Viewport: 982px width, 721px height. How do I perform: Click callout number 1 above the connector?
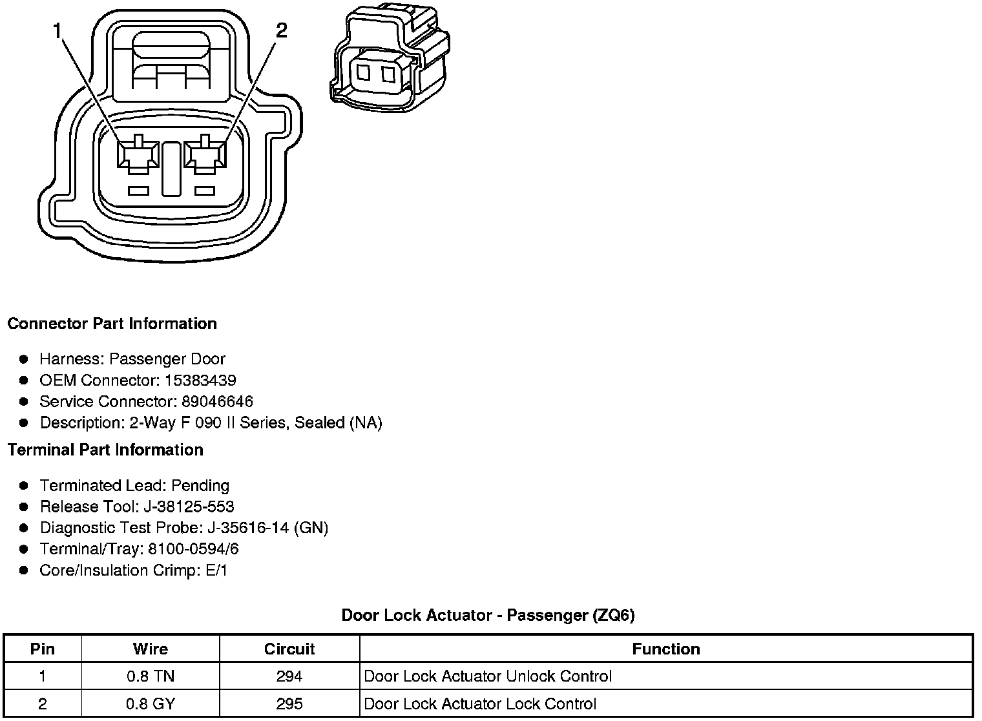click(x=59, y=30)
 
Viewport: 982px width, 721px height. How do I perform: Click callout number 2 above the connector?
click(x=282, y=30)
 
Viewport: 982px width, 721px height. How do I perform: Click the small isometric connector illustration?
click(x=390, y=57)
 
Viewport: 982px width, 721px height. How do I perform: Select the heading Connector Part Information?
click(x=112, y=324)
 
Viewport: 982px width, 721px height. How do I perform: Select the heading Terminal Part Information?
click(x=105, y=450)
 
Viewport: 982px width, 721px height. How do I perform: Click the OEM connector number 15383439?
click(x=200, y=381)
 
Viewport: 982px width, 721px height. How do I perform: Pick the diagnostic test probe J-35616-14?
click(x=249, y=528)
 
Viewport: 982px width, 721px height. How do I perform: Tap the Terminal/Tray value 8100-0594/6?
click(x=193, y=550)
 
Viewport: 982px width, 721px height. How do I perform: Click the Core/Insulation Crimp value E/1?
click(x=214, y=571)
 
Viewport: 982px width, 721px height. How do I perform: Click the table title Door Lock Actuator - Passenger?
click(x=488, y=616)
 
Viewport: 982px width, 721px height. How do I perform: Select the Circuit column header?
click(x=289, y=649)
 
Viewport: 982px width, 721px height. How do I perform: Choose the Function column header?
click(x=665, y=649)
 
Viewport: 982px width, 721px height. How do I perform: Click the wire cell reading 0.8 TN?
click(x=151, y=677)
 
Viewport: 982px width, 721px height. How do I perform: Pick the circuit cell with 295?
click(x=289, y=704)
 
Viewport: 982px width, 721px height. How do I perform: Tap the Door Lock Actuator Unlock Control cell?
click(x=488, y=677)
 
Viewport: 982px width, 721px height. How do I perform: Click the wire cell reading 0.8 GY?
click(x=151, y=704)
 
